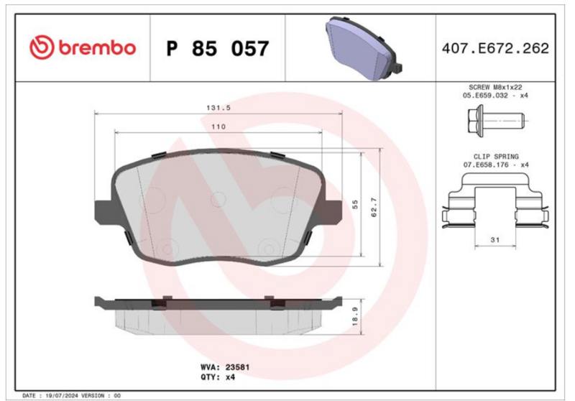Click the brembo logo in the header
pos(83,47)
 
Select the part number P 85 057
pos(218,48)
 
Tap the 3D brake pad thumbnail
pos(364,47)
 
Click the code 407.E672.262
pos(495,48)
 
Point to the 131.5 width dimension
pos(218,108)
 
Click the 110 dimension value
pos(218,126)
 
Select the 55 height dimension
pos(355,205)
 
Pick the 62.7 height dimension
pos(374,207)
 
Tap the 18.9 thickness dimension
pos(355,316)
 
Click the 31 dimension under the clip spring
pos(495,240)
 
